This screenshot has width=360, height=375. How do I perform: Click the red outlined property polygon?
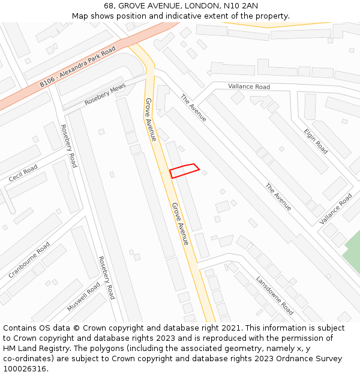pyautogui.click(x=184, y=170)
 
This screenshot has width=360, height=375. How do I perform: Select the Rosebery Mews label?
pyautogui.click(x=105, y=95)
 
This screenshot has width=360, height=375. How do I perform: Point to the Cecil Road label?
pyautogui.click(x=23, y=174)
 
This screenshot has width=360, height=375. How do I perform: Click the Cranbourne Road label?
pyautogui.click(x=29, y=259)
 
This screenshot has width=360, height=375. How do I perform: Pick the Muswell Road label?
pyautogui.click(x=83, y=297)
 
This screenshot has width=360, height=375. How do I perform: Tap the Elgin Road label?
pyautogui.click(x=316, y=141)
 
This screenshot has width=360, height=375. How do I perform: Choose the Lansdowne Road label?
pyautogui.click(x=275, y=295)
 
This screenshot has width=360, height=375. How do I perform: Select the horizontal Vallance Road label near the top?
pyautogui.click(x=249, y=86)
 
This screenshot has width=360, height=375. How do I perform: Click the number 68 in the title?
pyautogui.click(x=109, y=5)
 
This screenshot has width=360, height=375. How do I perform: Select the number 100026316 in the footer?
pyautogui.click(x=25, y=369)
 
